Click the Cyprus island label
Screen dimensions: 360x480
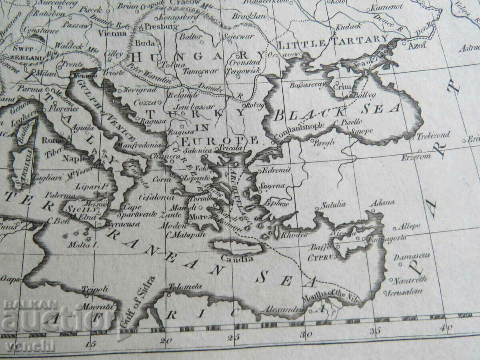322,258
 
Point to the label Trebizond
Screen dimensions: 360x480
433,135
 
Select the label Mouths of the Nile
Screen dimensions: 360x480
323,296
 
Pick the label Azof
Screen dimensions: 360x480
418,45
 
